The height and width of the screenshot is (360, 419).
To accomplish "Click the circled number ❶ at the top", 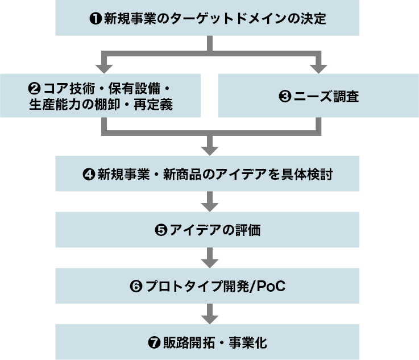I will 96,18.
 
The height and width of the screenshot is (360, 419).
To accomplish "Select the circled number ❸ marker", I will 285,97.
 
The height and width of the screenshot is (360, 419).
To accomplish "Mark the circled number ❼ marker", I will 153,342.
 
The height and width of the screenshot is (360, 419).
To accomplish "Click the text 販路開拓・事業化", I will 214,342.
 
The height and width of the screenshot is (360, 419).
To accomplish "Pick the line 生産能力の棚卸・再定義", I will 101,105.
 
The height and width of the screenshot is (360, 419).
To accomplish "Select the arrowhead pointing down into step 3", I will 317,68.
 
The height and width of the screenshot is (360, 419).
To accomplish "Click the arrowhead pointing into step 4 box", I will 210,150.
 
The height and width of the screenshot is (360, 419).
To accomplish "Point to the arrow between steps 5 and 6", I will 210,259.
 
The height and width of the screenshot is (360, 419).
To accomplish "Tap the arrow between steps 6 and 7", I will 210,315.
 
